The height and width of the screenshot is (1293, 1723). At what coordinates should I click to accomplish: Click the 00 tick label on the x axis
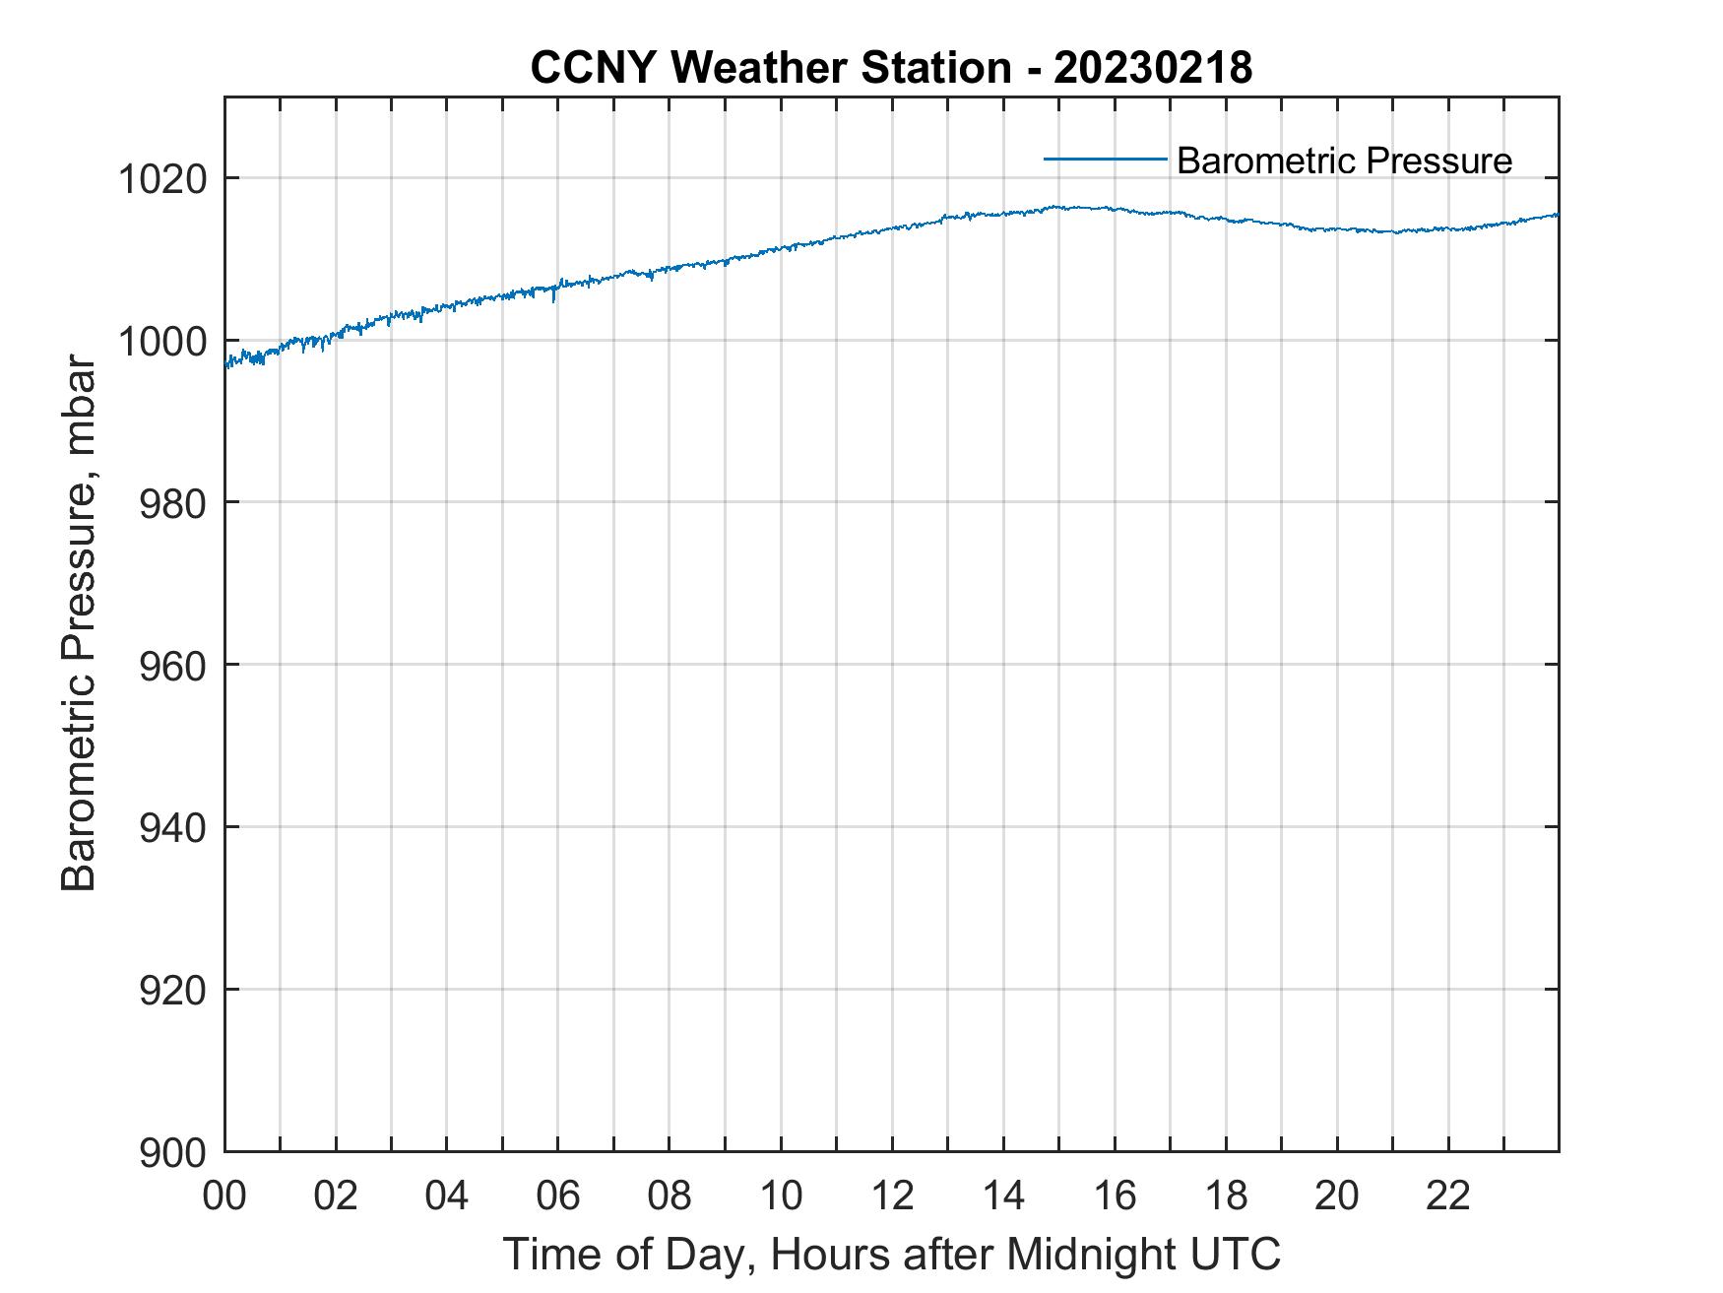pyautogui.click(x=224, y=1196)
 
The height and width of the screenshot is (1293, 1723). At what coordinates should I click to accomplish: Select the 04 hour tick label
pyautogui.click(x=447, y=1196)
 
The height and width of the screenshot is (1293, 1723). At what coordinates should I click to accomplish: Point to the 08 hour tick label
pyautogui.click(x=670, y=1196)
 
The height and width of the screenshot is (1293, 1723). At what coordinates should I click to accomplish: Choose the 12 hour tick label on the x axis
pyautogui.click(x=892, y=1196)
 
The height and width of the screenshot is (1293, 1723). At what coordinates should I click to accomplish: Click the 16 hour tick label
pyautogui.click(x=1115, y=1196)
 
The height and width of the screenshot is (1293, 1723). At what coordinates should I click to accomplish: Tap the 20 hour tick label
pyautogui.click(x=1337, y=1196)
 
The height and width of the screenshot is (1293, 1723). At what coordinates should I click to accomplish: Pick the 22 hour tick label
pyautogui.click(x=1448, y=1196)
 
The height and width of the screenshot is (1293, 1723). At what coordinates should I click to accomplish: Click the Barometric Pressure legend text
pyautogui.click(x=1344, y=161)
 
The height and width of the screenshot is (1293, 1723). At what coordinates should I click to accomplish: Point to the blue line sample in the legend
pyautogui.click(x=1105, y=158)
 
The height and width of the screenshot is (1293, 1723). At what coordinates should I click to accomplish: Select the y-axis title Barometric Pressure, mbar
pyautogui.click(x=79, y=623)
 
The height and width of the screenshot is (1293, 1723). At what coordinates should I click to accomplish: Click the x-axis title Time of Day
pyautogui.click(x=891, y=1255)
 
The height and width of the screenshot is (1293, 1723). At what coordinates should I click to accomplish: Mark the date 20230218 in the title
pyautogui.click(x=1154, y=68)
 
